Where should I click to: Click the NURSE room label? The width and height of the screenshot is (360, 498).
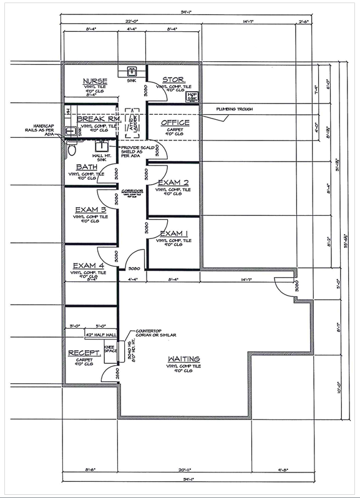point(95,81)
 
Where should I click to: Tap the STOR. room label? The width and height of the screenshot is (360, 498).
point(172,80)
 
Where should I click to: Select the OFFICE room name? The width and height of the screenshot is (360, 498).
point(175,123)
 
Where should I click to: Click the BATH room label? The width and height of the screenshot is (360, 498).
point(87,167)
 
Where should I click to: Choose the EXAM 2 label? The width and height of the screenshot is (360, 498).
point(173,183)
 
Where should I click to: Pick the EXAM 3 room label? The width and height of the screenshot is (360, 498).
point(90,209)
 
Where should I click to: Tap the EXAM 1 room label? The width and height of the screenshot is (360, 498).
point(173,233)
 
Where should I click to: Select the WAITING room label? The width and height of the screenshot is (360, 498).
point(183,359)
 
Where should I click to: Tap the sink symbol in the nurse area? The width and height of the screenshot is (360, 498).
point(132,71)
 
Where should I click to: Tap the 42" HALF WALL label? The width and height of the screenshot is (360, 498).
point(97,336)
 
